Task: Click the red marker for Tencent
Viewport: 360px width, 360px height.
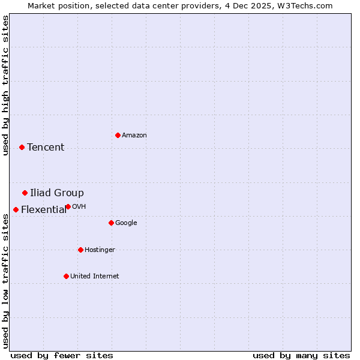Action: [x=22, y=147]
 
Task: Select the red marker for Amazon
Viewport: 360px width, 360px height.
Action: [x=118, y=135]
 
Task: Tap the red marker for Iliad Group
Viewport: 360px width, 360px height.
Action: [x=25, y=193]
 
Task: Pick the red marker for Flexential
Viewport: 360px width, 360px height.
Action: [x=16, y=209]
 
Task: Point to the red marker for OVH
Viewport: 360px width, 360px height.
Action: [x=68, y=206]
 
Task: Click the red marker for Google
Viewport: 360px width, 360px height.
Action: [x=111, y=223]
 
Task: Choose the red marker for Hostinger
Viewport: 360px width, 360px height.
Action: [x=80, y=250]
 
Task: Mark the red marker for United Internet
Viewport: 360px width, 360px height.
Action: [x=66, y=276]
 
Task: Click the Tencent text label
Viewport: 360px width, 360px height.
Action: [x=46, y=148]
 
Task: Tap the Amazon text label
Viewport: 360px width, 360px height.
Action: [x=134, y=136]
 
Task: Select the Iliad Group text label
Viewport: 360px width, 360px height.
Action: [x=57, y=193]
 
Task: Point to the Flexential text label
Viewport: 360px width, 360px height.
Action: [x=44, y=210]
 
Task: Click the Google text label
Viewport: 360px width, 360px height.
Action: [x=126, y=223]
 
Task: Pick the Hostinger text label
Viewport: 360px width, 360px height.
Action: [x=100, y=250]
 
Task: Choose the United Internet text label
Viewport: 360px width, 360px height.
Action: [x=95, y=277]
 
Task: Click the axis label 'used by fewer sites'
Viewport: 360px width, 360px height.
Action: [x=62, y=356]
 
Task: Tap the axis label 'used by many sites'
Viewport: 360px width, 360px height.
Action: [x=301, y=356]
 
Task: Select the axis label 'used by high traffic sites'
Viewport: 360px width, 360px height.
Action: [x=6, y=86]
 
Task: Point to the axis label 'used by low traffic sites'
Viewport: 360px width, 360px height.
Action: [x=6, y=281]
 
